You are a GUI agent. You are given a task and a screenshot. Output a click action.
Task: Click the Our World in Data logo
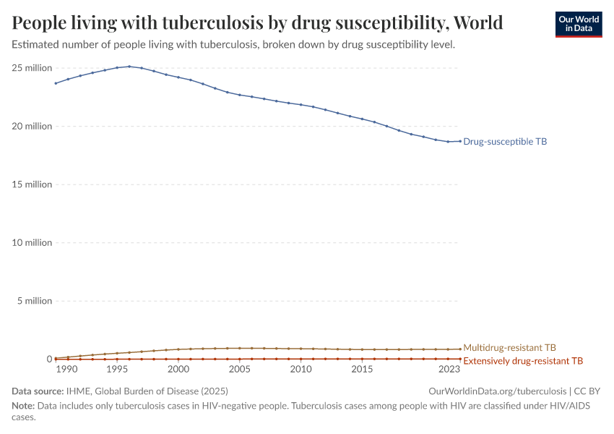click(x=578, y=24)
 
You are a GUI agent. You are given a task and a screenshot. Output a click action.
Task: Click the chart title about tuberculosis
click(x=258, y=23)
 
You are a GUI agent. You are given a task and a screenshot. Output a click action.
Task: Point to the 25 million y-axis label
click(x=33, y=68)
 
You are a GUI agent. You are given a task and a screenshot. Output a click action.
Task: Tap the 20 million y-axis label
click(x=33, y=127)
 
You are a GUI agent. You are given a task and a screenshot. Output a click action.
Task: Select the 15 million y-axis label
click(x=33, y=184)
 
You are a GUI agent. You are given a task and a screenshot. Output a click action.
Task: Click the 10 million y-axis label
click(x=33, y=243)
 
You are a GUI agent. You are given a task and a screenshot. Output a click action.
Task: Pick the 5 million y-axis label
click(x=35, y=301)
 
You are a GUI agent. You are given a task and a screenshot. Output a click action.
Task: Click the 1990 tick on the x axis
click(x=66, y=370)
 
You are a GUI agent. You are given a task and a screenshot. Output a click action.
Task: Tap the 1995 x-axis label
click(x=117, y=370)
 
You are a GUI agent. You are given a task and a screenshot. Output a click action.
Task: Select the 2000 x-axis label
click(x=178, y=370)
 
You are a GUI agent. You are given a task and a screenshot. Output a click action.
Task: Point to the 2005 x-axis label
click(x=240, y=370)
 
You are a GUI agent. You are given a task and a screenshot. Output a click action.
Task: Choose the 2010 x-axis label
click(x=301, y=370)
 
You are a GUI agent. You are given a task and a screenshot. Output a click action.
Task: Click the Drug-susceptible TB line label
click(x=505, y=142)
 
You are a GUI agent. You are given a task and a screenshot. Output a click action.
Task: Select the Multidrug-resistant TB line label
click(x=509, y=348)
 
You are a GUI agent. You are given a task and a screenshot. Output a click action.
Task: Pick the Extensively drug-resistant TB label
click(x=522, y=360)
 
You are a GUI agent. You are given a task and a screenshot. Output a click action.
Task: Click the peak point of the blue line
click(x=129, y=67)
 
